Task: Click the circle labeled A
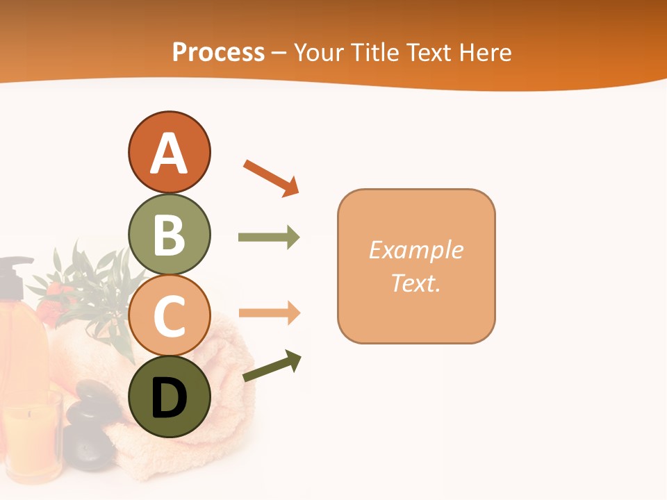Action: [x=169, y=152]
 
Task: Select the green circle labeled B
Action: [x=169, y=234]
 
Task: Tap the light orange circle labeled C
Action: [x=169, y=315]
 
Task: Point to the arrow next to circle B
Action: [x=269, y=237]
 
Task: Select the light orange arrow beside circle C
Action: [x=269, y=312]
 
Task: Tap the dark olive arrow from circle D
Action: [x=272, y=367]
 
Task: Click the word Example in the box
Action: [x=415, y=250]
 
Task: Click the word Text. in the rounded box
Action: [x=415, y=283]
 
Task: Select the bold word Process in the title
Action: [x=218, y=52]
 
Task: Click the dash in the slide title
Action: [x=279, y=53]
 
